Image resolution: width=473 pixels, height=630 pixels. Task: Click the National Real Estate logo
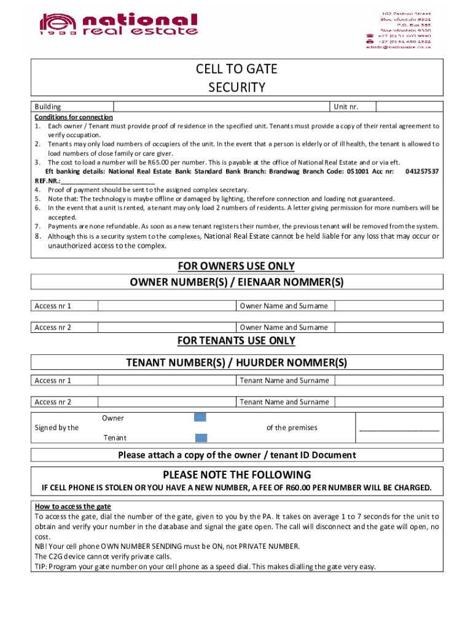(119, 25)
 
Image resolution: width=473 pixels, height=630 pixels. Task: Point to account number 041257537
(422, 171)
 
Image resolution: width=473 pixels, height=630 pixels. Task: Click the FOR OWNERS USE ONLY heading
(237, 266)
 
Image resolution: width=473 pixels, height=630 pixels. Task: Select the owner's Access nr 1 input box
(167, 306)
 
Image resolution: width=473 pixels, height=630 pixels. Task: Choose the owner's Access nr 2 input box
(167, 327)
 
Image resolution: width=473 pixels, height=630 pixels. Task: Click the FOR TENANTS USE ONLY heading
(237, 341)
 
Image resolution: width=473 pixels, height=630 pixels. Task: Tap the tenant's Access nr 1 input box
(167, 380)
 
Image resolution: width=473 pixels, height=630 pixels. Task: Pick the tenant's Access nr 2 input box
(167, 402)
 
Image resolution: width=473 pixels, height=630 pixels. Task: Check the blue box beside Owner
(200, 418)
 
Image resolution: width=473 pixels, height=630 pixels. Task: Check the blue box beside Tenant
(201, 438)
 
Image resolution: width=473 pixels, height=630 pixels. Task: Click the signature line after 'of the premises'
(399, 430)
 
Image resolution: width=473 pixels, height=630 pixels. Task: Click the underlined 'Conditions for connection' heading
(74, 117)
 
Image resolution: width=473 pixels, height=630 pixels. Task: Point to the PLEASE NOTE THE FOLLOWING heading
(237, 475)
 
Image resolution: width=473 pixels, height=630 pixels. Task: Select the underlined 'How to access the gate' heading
(72, 506)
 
